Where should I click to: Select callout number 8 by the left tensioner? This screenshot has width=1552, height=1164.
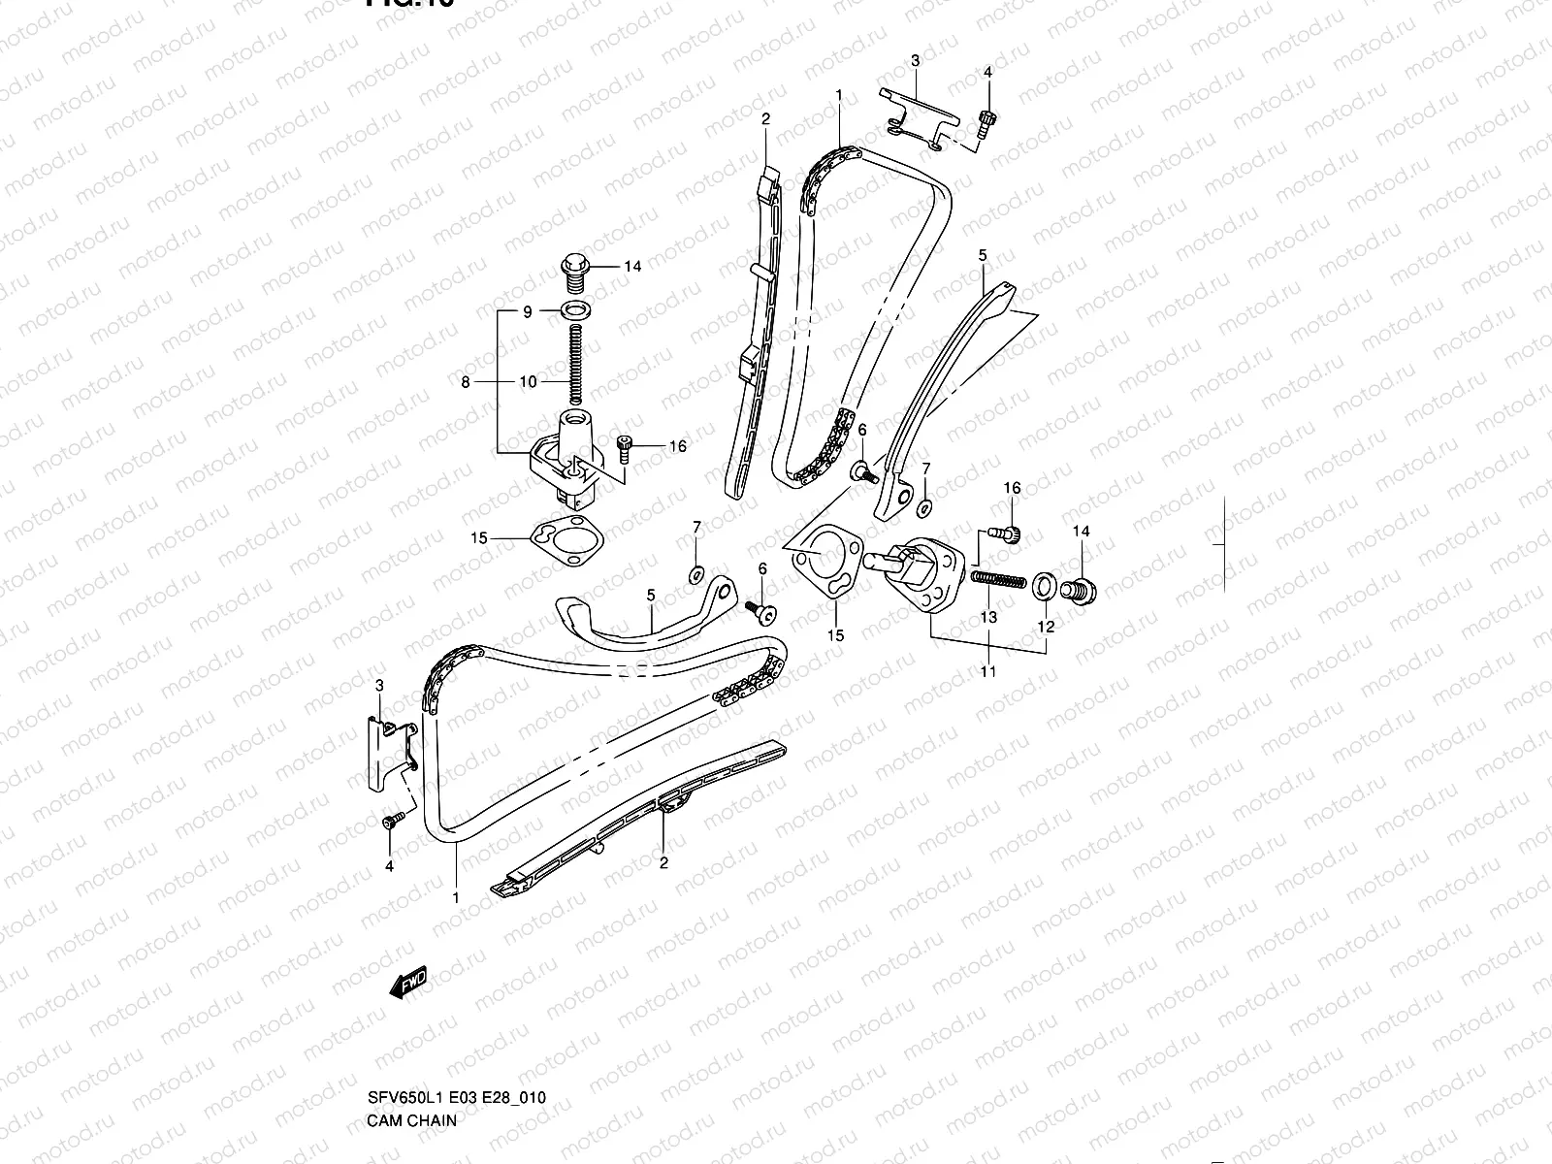click(466, 383)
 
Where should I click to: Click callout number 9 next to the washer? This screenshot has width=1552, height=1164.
click(528, 312)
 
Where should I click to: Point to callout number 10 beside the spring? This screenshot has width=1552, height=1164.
click(528, 382)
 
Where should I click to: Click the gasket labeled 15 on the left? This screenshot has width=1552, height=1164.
click(566, 537)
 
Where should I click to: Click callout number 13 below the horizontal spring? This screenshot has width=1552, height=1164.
click(988, 617)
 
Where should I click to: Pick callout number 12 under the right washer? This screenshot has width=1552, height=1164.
click(1046, 627)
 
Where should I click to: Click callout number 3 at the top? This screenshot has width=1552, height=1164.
click(915, 60)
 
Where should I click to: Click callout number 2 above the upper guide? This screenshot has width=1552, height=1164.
click(765, 119)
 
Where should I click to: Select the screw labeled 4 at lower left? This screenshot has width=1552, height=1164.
click(390, 822)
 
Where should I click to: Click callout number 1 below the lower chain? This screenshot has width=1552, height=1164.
click(456, 898)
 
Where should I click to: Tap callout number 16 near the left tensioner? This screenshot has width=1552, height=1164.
click(678, 446)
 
